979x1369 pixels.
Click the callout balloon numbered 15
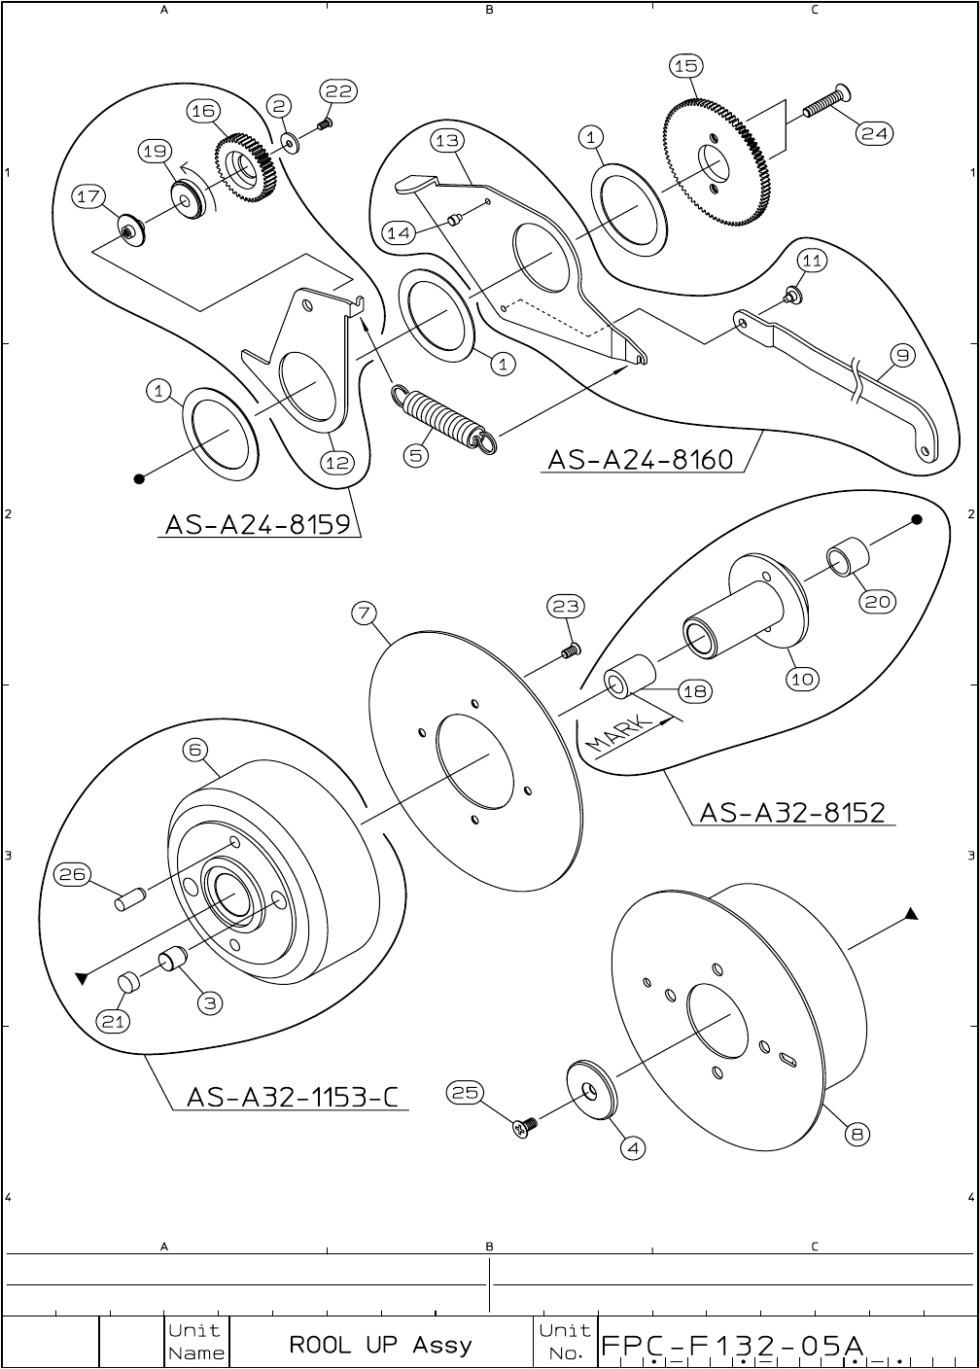pyautogui.click(x=685, y=66)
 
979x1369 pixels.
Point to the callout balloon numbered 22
pyautogui.click(x=338, y=91)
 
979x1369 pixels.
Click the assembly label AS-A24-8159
pyautogui.click(x=257, y=524)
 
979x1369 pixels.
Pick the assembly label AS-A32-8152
pyautogui.click(x=792, y=812)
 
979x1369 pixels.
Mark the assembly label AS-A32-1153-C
pyautogui.click(x=292, y=1097)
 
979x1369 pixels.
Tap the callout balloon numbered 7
pyautogui.click(x=364, y=614)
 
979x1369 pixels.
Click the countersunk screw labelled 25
pyautogui.click(x=524, y=1128)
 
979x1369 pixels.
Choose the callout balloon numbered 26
pyautogui.click(x=71, y=874)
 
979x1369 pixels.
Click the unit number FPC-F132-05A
pyautogui.click(x=732, y=1346)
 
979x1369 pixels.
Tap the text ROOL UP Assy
pyautogui.click(x=380, y=1345)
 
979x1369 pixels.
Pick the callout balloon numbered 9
pyautogui.click(x=903, y=356)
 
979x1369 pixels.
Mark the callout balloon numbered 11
pyautogui.click(x=813, y=261)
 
